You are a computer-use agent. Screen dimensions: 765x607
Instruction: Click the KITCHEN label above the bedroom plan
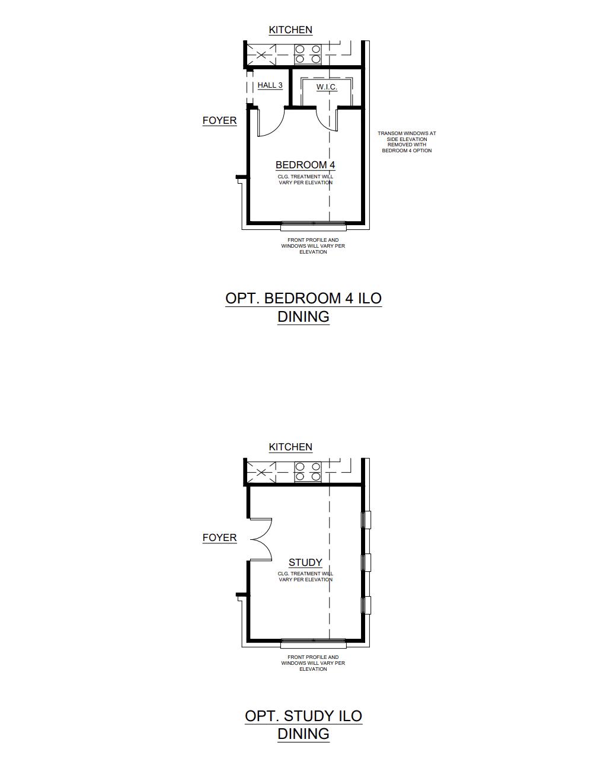coord(290,30)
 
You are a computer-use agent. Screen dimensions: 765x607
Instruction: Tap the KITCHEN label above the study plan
coord(290,447)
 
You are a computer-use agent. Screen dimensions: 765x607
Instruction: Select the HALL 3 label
coord(270,85)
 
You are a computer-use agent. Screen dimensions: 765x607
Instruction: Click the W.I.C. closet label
coord(327,87)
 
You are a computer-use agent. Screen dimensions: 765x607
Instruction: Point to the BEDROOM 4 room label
coord(305,165)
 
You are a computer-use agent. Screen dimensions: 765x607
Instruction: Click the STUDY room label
coord(305,562)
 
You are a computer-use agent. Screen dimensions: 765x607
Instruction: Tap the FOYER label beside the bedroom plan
coord(219,120)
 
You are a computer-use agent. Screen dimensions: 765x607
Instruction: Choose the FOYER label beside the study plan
coord(219,537)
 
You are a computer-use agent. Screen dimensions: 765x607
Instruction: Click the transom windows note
coord(407,142)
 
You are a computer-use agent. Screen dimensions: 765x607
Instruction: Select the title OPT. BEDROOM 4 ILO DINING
coord(303,307)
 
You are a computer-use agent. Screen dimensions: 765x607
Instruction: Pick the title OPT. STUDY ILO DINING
coord(303,724)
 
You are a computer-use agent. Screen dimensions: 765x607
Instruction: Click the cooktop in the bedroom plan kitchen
coord(308,54)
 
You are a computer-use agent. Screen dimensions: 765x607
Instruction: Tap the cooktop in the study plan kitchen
coord(308,471)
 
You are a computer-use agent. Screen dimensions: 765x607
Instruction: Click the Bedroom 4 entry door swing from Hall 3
coord(271,122)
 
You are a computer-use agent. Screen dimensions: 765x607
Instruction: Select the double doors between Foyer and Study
coord(261,539)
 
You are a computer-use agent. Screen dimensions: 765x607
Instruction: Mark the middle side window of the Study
coord(366,562)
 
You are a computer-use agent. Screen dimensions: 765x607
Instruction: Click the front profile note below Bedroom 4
coord(313,246)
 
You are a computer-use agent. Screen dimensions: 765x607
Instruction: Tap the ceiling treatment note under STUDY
coord(305,577)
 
